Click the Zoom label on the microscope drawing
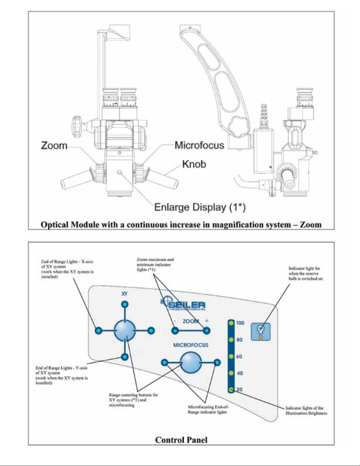54,146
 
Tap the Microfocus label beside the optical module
199,145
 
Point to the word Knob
194,164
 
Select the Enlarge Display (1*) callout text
200,207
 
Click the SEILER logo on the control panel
184,305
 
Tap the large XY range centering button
125,331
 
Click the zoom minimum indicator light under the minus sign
175,331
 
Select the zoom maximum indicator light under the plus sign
207,331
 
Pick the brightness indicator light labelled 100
231,323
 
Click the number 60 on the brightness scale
239,357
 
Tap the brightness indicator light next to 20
231,390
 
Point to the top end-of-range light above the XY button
125,304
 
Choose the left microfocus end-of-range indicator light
165,363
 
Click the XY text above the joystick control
125,294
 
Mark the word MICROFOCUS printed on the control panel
191,345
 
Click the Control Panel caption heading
181,440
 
